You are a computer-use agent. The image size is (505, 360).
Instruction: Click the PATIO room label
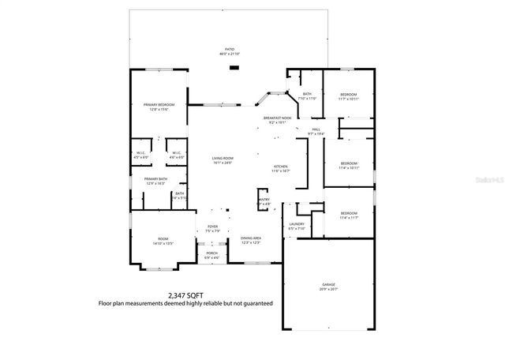coord(230,49)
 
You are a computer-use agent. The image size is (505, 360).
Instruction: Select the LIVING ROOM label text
coord(223,158)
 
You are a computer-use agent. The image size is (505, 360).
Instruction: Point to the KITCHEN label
coord(282,167)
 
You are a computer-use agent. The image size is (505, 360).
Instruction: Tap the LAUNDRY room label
coord(297,224)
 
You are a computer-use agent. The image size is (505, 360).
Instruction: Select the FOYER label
coord(212,227)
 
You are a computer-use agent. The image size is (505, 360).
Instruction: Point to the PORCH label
coord(211,253)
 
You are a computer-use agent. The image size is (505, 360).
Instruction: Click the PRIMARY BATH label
coord(155,179)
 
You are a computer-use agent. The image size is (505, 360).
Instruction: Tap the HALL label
coord(316,129)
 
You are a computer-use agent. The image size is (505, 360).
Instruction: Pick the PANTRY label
coord(264,200)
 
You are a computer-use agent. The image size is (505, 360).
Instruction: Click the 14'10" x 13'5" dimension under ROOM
coord(163,243)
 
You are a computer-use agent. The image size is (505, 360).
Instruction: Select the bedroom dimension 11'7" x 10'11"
coord(348,99)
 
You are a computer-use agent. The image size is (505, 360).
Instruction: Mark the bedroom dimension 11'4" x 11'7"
coord(348,217)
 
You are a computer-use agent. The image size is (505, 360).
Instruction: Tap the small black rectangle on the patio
coord(234,67)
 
